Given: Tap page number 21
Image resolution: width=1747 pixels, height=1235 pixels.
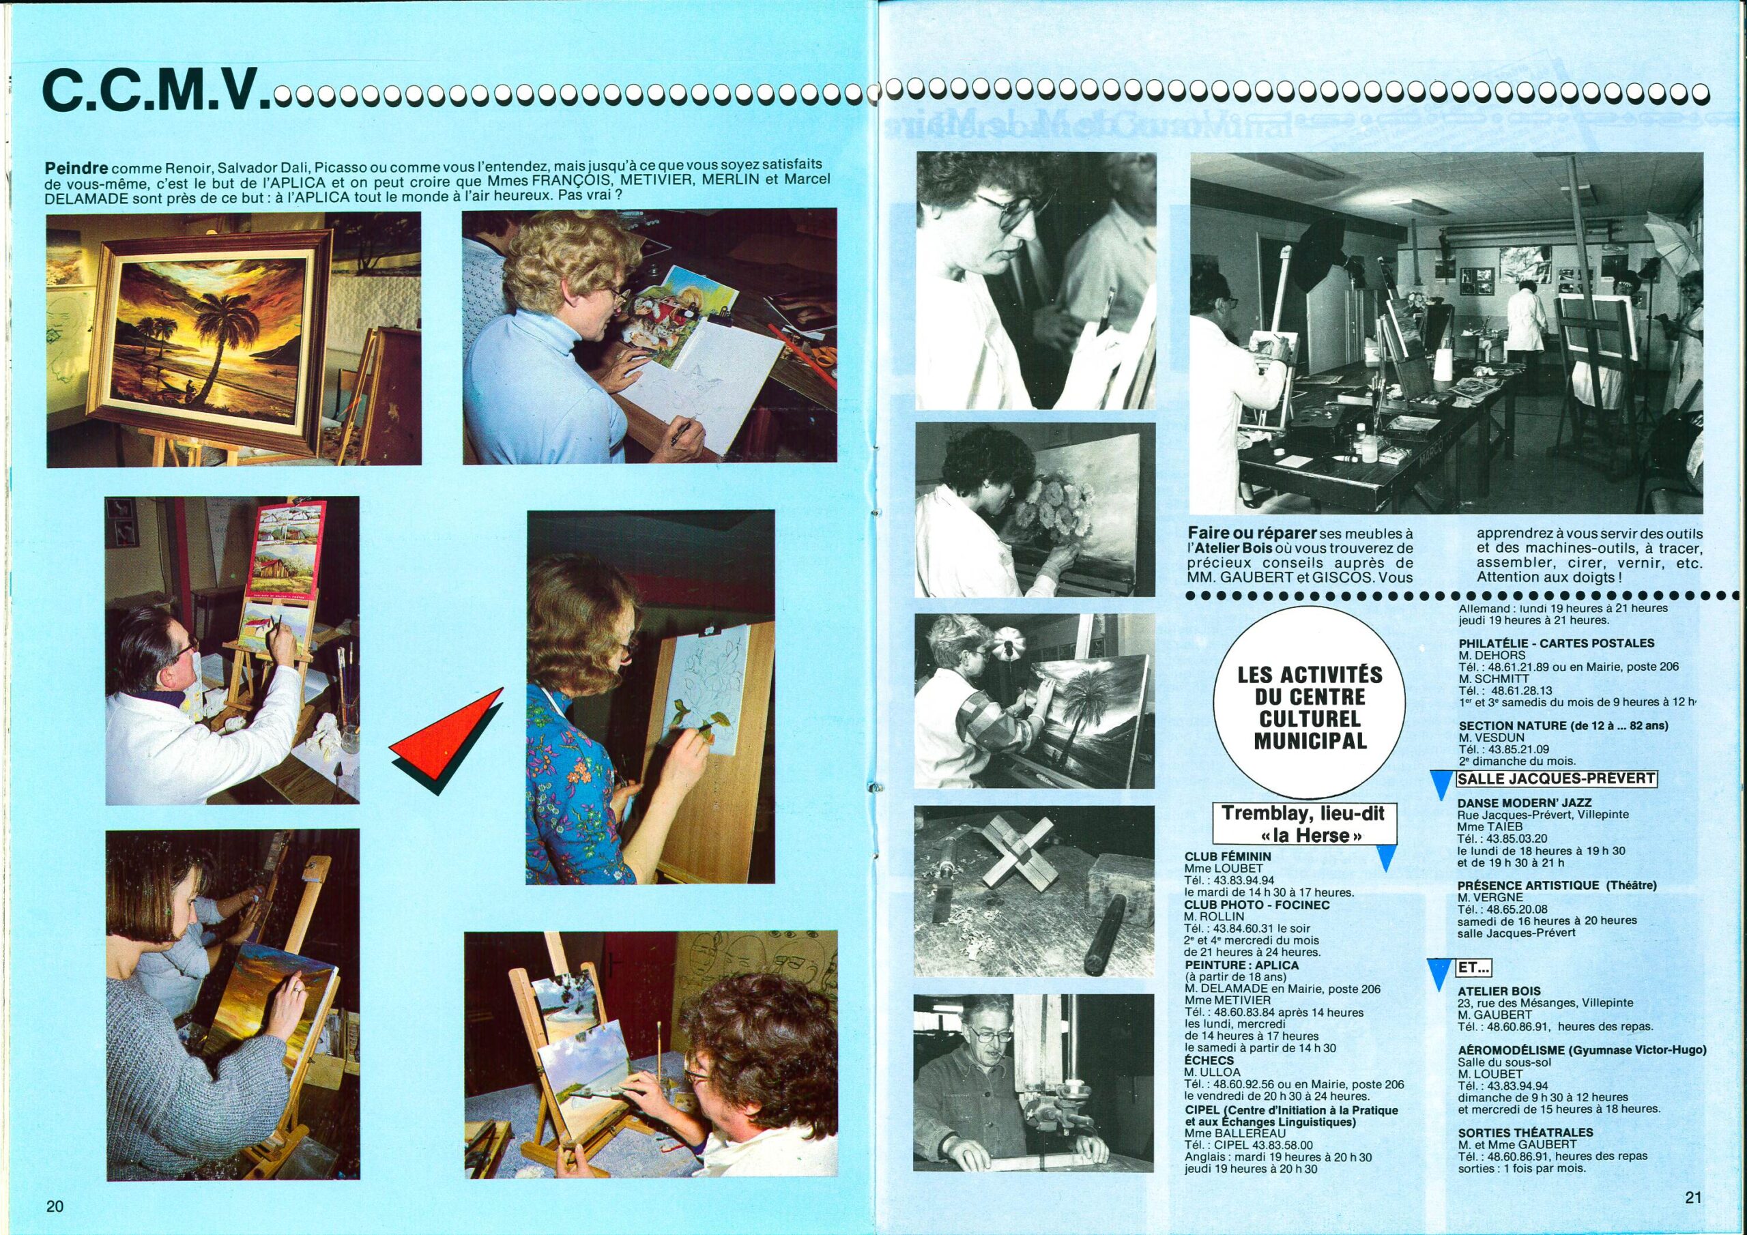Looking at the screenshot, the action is click(1692, 1197).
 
